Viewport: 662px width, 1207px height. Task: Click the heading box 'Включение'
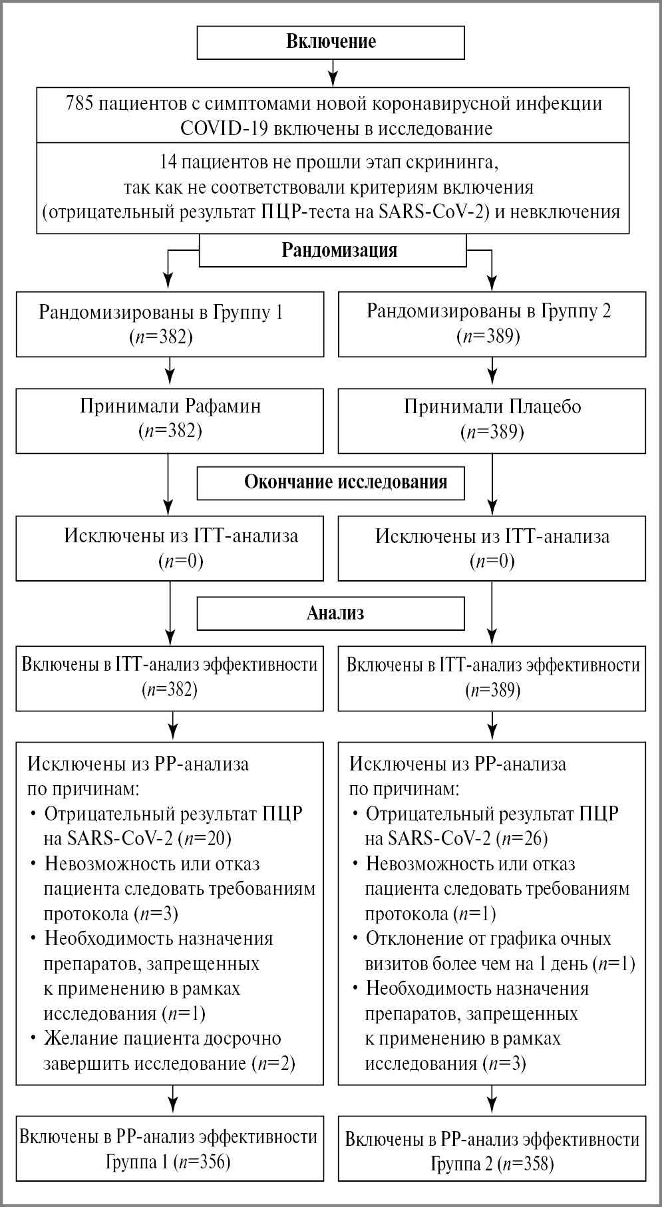(x=331, y=41)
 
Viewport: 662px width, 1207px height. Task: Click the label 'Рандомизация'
(x=339, y=250)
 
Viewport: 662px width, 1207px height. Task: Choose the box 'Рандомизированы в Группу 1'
(x=170, y=324)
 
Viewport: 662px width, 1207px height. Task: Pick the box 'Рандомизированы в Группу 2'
(x=492, y=323)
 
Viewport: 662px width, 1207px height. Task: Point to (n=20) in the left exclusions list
(x=210, y=838)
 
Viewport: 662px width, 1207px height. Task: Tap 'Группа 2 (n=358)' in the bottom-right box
(x=492, y=1164)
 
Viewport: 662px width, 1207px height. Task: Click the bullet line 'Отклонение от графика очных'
(x=488, y=938)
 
